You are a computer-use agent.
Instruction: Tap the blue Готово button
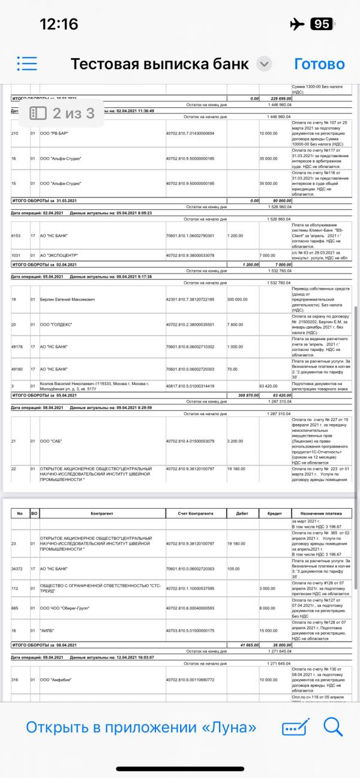(319, 64)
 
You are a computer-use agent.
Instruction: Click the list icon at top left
(27, 64)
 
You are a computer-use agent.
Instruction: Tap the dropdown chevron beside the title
(263, 64)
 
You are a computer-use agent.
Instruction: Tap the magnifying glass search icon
(332, 727)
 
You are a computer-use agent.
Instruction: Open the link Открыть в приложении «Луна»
(141, 728)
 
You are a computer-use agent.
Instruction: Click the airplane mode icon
(297, 24)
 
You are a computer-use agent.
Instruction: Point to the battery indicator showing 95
(321, 24)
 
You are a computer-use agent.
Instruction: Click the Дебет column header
(243, 514)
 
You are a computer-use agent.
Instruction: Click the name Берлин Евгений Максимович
(68, 298)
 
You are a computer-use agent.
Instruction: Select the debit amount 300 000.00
(239, 298)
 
